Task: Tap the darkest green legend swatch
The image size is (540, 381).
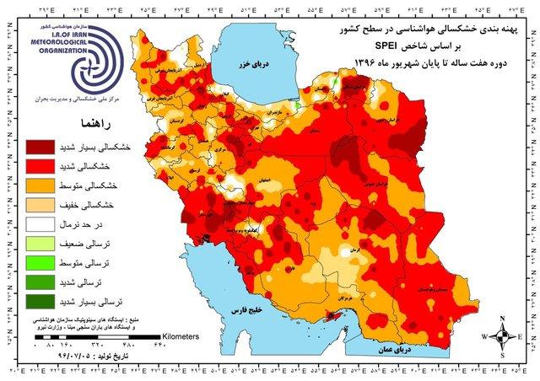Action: coord(40,301)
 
